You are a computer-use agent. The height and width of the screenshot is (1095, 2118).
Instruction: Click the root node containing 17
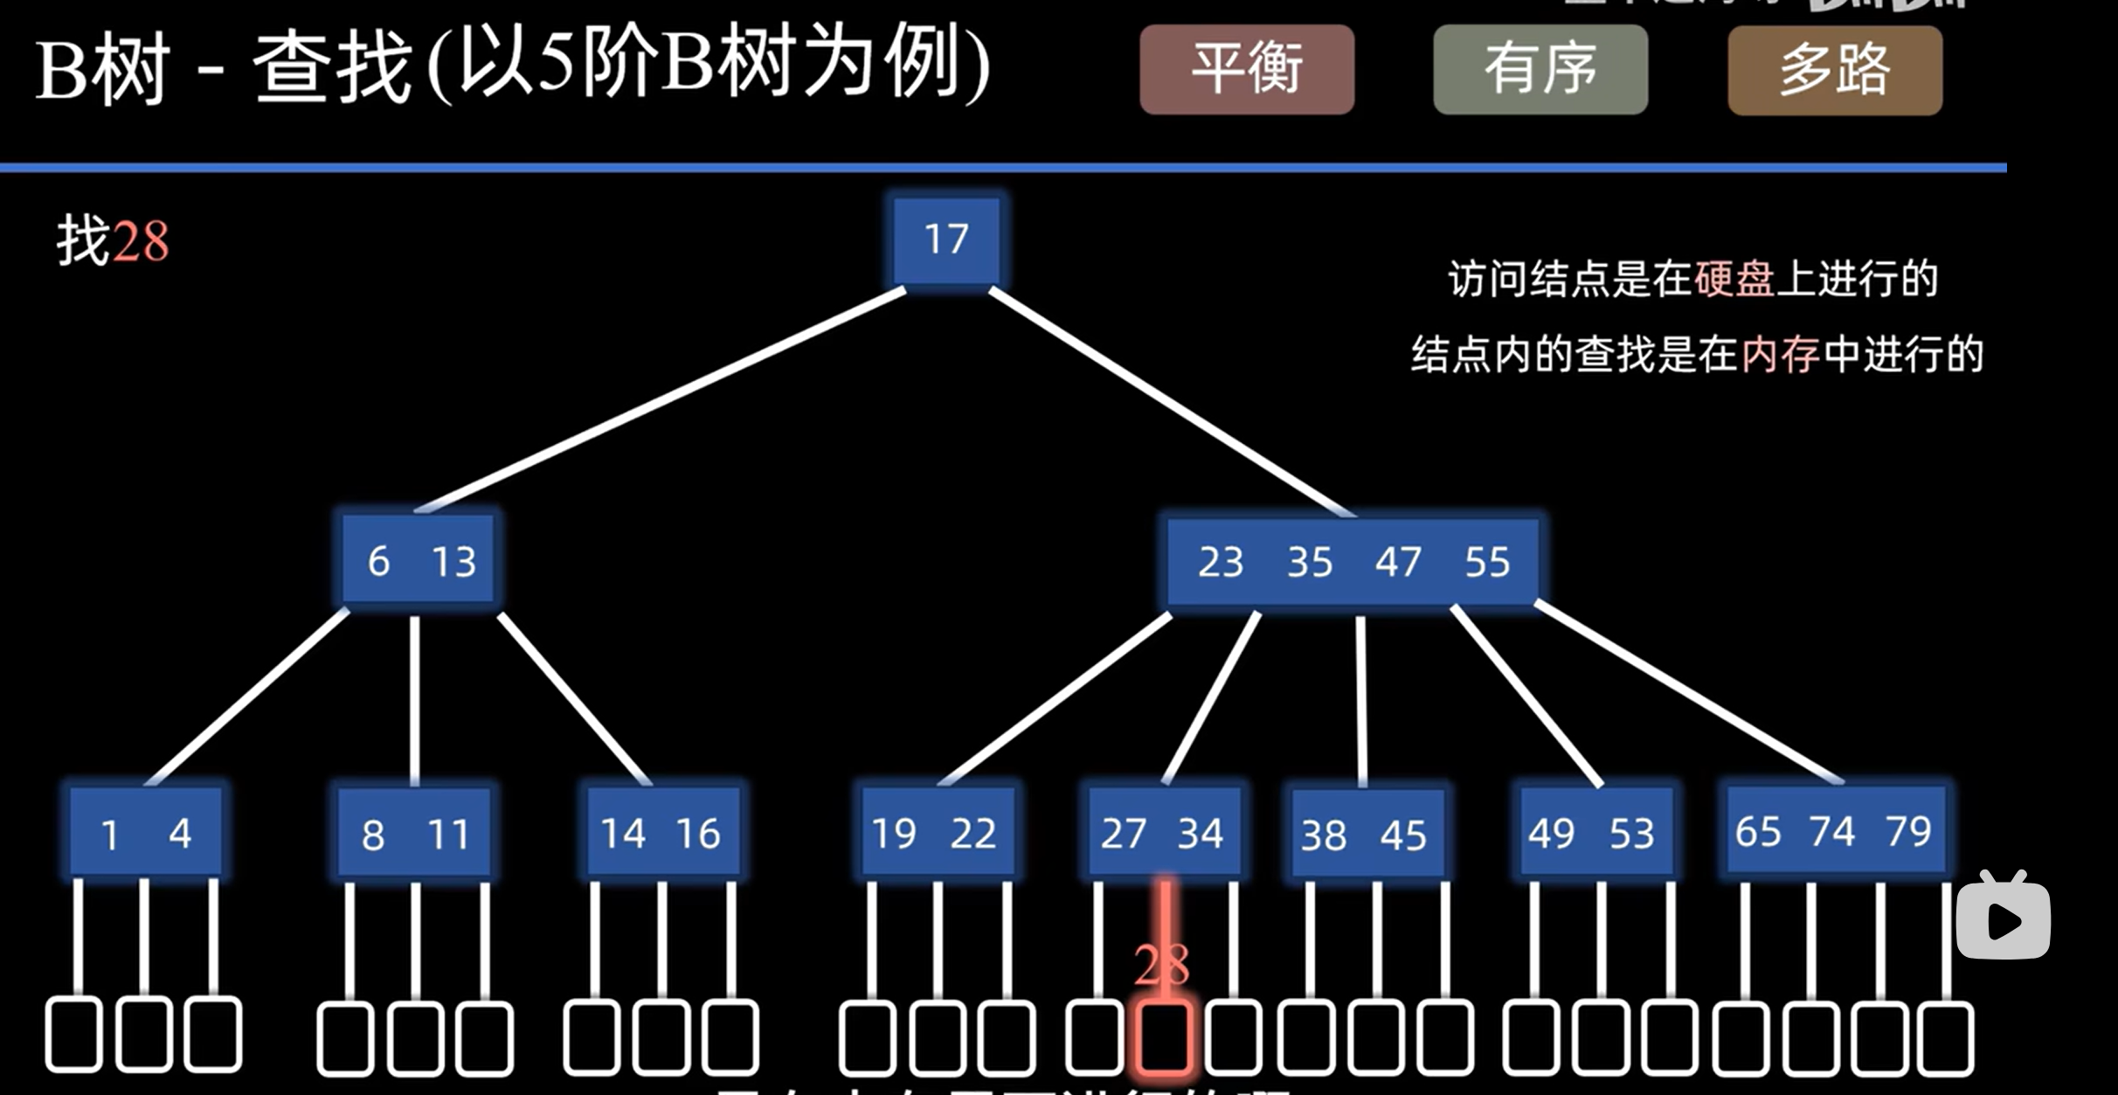(x=946, y=239)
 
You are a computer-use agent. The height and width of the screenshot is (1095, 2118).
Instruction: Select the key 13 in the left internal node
(x=453, y=561)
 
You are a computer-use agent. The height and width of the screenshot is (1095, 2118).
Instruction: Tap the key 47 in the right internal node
(x=1398, y=562)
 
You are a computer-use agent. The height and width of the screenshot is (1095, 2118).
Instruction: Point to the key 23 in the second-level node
(x=1221, y=562)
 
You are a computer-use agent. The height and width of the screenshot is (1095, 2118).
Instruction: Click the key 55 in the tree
(x=1487, y=562)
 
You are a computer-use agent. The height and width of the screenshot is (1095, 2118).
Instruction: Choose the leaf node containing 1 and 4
(x=145, y=833)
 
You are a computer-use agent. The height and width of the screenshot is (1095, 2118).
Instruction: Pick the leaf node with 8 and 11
(x=414, y=834)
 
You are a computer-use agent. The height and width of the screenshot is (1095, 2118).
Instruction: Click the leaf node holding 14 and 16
(x=662, y=833)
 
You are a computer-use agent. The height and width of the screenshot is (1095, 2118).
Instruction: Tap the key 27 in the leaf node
(x=1123, y=834)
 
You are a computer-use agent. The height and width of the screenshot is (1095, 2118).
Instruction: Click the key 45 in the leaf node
(x=1403, y=835)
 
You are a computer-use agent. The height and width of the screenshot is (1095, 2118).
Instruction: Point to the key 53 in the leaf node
(x=1631, y=834)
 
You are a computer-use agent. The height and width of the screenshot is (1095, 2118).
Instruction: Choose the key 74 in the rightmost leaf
(x=1832, y=831)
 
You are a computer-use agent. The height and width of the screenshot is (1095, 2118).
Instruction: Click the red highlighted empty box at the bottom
(x=1163, y=1037)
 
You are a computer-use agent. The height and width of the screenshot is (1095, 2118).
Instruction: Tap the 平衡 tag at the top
(x=1247, y=69)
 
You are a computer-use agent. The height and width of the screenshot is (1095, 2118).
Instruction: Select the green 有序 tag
(x=1540, y=69)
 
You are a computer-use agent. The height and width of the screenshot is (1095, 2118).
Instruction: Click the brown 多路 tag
(x=1835, y=70)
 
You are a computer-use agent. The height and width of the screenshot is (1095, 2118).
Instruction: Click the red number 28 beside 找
(x=141, y=242)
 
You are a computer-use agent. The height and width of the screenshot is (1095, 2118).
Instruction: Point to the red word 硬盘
(x=1734, y=280)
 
